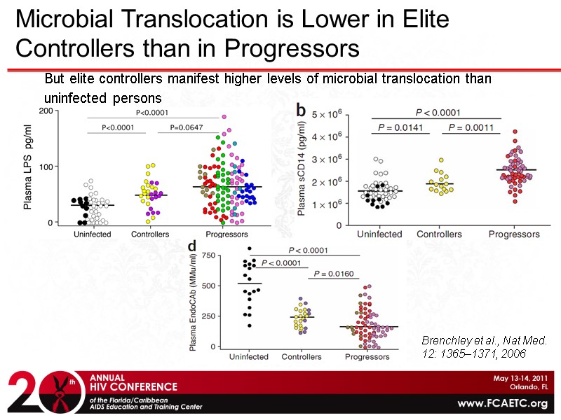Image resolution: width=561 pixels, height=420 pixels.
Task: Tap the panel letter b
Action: click(x=300, y=109)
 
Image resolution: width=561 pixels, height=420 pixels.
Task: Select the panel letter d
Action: click(x=191, y=246)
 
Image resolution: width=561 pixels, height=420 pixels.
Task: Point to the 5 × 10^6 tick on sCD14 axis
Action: click(x=325, y=114)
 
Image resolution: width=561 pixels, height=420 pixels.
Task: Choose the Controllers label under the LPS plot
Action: click(x=150, y=234)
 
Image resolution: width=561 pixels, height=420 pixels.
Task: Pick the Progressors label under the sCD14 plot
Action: click(x=514, y=234)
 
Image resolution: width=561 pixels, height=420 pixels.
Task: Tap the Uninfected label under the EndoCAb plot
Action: click(x=249, y=356)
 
